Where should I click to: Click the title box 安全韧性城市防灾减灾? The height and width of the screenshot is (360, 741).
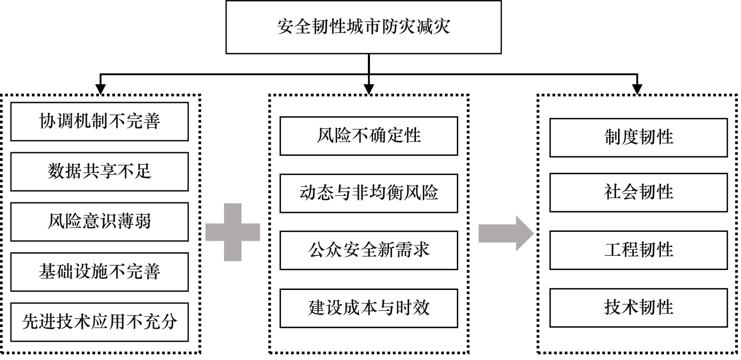coord(363,27)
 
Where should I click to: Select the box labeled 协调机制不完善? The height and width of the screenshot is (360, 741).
coord(99,121)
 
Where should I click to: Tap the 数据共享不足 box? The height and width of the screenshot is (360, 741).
coord(99,172)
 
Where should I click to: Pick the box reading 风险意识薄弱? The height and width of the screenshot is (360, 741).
coord(99,222)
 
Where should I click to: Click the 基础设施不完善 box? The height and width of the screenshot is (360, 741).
coord(99,272)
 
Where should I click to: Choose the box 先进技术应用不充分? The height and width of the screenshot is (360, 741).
coord(99,322)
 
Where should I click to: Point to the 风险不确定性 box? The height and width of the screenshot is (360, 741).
coord(368,136)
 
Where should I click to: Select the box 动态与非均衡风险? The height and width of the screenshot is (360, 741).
coord(368,193)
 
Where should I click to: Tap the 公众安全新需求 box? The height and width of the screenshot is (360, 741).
coord(368,250)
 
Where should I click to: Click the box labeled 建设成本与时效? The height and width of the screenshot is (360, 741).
coord(368,308)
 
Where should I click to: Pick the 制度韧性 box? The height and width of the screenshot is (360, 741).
coord(638,137)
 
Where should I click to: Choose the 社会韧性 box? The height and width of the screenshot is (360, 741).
coord(638,193)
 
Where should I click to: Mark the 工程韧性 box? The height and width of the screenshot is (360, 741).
coord(638,250)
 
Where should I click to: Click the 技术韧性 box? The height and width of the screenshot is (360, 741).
coord(638,307)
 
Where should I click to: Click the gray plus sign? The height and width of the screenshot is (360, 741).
coord(232,232)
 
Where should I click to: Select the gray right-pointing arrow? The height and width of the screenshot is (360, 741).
coord(504,232)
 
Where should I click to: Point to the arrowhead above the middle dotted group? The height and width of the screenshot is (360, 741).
coord(369,89)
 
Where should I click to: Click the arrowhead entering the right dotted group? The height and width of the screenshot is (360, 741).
coord(637,89)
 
